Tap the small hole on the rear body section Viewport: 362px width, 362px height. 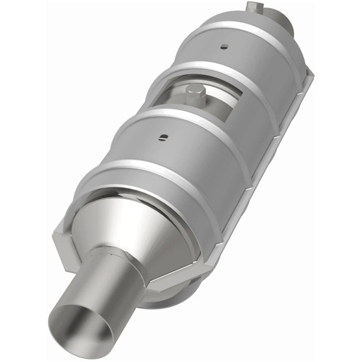tap(225, 47)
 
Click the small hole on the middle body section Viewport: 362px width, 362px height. tap(162, 137)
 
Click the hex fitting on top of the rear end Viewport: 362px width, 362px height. tap(254, 7)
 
